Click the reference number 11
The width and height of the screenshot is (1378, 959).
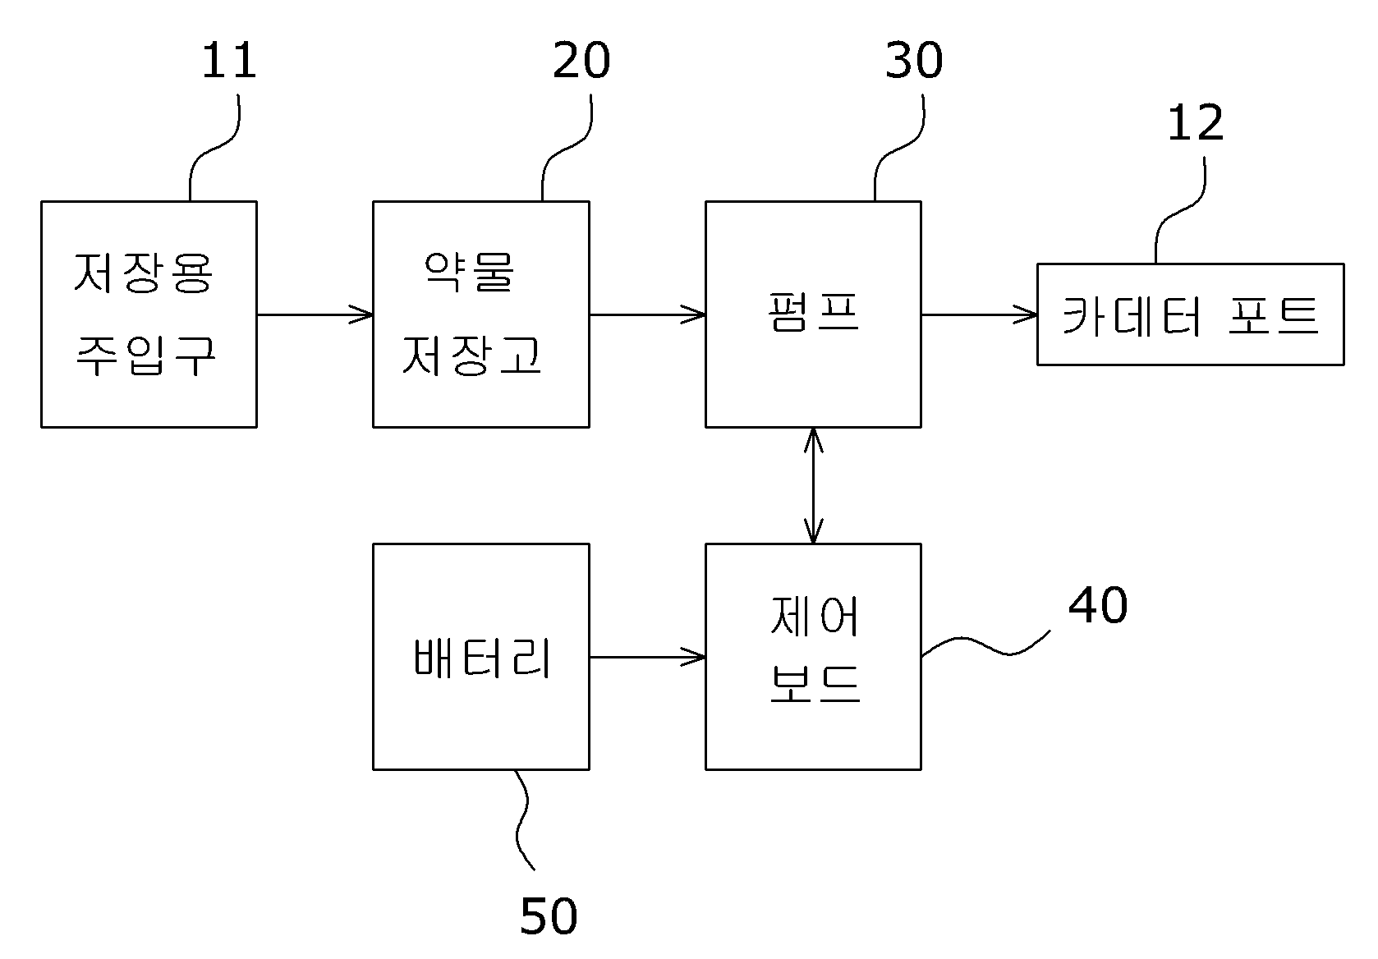229,60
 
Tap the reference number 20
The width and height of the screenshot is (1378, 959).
581,60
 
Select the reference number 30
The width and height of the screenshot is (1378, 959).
913,60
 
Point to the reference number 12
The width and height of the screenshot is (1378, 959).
1195,123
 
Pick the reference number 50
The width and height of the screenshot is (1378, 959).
549,916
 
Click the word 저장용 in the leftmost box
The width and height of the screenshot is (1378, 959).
144,273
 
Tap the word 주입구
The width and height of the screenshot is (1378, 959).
145,356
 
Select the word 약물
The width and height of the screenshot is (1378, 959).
469,271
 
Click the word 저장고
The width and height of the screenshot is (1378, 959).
471,355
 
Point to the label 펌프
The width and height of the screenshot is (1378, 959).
813,311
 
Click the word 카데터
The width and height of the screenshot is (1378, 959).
1131,316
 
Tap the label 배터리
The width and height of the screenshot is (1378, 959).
482,658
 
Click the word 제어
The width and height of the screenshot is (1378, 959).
814,615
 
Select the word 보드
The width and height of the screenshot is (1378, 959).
815,684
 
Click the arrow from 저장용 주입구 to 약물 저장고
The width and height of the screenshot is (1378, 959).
315,314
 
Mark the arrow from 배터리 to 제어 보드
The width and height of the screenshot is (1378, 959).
647,657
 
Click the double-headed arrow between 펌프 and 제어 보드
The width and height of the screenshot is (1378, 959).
813,485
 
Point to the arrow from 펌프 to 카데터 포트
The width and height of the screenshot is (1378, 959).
980,314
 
